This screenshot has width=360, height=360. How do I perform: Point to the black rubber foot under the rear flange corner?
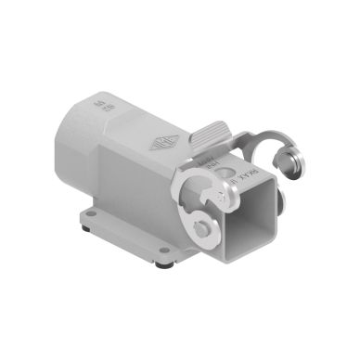click(85, 228)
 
